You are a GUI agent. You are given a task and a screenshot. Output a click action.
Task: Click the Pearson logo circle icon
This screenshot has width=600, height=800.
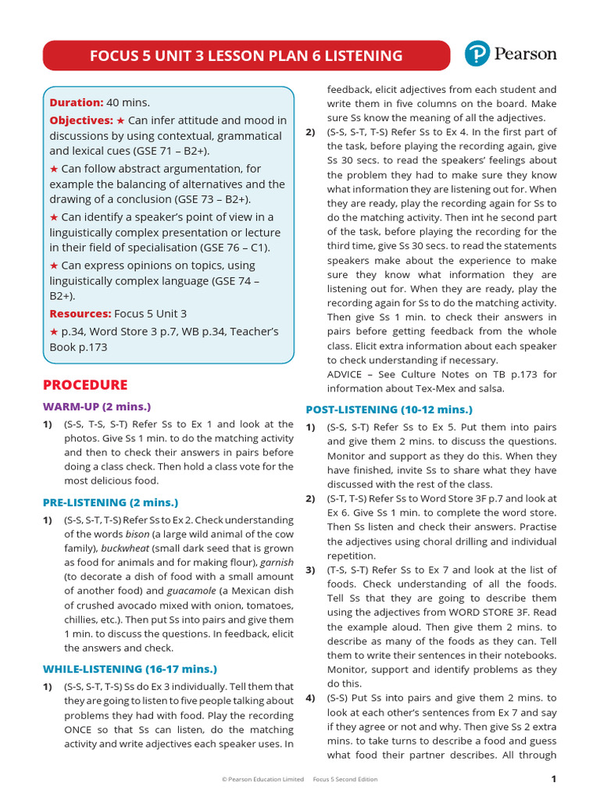tap(477, 54)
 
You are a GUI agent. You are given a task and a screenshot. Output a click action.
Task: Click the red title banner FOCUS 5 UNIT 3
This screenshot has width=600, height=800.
tap(246, 55)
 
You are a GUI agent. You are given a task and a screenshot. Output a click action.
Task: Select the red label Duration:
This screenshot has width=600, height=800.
tap(77, 102)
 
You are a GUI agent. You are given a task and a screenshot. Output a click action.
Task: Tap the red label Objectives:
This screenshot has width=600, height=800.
tap(81, 120)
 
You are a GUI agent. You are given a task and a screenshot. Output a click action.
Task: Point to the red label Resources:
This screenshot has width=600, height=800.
tap(80, 313)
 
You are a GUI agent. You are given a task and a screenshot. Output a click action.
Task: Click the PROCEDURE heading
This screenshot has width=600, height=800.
tap(85, 384)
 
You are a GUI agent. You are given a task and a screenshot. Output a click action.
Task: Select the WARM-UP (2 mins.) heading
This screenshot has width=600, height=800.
tap(96, 406)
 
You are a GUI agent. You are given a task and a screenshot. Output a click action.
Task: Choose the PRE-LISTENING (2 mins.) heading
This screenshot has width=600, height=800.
tap(110, 502)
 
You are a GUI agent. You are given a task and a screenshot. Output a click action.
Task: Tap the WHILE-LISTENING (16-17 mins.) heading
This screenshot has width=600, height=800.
tap(130, 669)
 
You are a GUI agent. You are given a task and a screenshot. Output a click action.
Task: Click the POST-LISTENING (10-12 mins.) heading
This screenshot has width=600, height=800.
tap(388, 409)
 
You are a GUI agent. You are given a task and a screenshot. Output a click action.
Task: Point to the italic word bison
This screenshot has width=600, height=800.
tap(140, 534)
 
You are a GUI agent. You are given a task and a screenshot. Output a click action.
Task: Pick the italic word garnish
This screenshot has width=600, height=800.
tap(278, 562)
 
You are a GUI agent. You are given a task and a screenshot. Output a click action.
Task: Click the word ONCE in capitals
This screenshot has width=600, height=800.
tap(79, 730)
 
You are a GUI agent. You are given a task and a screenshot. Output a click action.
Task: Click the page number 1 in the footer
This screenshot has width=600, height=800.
tap(553, 779)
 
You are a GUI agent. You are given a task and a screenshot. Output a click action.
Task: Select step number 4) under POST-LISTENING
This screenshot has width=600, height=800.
tap(310, 698)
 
